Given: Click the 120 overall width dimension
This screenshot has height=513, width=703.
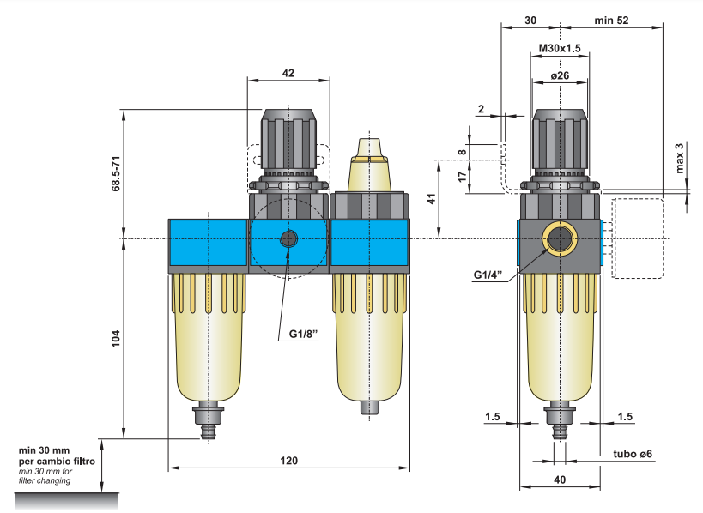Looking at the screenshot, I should coord(289,461).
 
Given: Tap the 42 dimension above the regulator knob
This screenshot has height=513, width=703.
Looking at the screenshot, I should coord(288,74).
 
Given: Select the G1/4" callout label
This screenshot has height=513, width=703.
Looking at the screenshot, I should coord(491,275).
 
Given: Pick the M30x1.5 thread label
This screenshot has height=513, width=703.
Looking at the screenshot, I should coord(560,48).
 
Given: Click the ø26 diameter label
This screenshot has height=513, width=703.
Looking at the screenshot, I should coord(559,75).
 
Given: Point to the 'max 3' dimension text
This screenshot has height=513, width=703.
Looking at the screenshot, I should coord(680,157).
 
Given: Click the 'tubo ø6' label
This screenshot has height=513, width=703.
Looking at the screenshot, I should coord(634,453).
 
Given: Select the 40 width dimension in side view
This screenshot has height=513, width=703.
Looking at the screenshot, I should coord(560,480).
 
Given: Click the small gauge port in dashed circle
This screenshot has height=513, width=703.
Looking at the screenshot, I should coord(289,239).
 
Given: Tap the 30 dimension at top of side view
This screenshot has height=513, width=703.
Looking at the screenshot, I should coord(530,20).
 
